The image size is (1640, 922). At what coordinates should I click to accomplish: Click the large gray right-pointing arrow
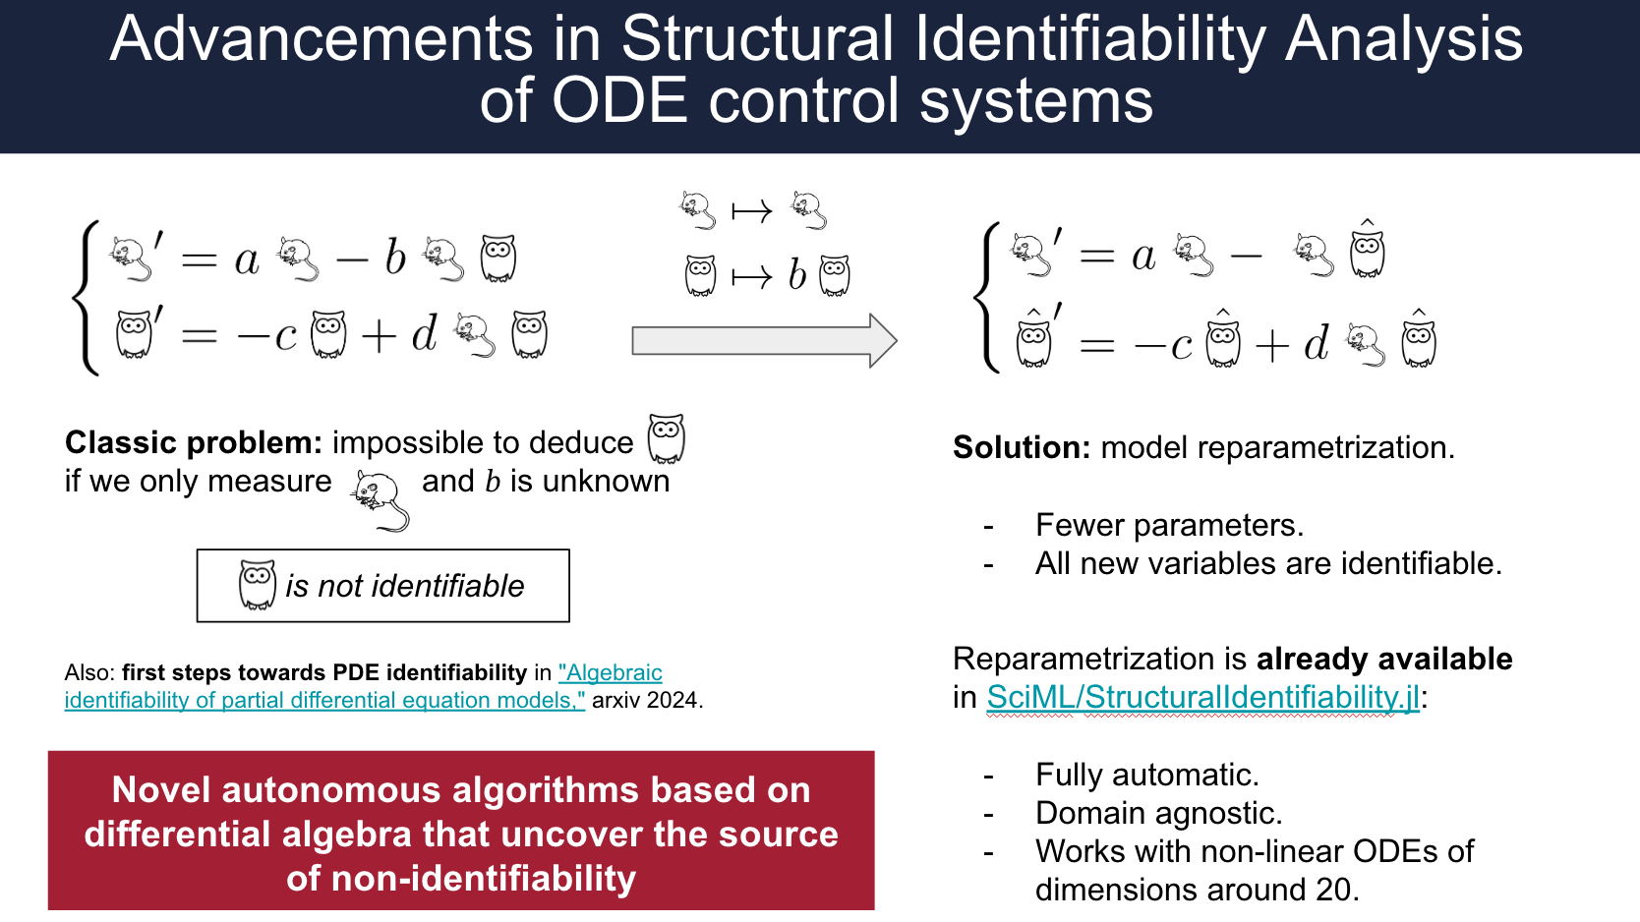point(763,340)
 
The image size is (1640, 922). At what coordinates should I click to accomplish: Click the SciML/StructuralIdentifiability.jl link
point(1202,697)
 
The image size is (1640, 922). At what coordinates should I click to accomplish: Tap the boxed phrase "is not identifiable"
point(404,587)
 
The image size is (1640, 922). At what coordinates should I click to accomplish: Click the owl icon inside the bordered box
point(258,585)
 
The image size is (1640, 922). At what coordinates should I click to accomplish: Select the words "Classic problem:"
point(193,443)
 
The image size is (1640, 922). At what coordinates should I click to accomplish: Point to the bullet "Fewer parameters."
point(1169,526)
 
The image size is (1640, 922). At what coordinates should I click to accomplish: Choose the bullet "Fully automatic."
point(1146,776)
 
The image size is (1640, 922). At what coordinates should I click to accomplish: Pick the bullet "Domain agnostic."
point(1158,814)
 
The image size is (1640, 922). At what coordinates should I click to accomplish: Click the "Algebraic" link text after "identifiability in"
point(611,673)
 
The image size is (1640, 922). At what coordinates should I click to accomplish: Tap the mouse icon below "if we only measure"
point(380,499)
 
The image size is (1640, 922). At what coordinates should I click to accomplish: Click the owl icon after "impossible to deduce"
point(666,438)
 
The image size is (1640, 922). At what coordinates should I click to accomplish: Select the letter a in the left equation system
point(247,260)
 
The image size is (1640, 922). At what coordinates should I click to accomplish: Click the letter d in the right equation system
point(1316,343)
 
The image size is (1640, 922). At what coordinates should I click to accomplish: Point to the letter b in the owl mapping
point(797,276)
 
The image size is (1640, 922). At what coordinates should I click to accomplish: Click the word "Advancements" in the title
point(321,39)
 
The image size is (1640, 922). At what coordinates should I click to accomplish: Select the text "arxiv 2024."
point(647,701)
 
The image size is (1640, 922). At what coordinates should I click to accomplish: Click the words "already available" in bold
point(1384,659)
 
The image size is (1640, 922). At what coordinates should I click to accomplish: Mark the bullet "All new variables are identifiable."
point(1268,564)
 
